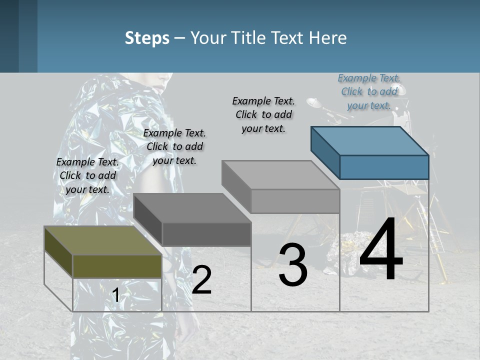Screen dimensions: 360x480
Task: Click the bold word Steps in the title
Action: point(147,38)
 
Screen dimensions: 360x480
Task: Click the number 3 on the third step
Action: point(293,265)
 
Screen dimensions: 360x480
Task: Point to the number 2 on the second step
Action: point(201,280)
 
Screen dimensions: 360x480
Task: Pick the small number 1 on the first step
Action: point(115,295)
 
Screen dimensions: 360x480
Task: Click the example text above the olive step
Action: point(87,175)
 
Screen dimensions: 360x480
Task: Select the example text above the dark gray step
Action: point(174,146)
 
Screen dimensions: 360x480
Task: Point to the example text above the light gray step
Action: point(263,114)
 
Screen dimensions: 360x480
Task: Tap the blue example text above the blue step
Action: point(369,91)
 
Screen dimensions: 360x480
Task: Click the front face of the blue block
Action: point(384,167)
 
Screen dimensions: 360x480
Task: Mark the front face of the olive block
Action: point(117,266)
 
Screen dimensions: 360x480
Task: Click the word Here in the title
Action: point(328,38)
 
